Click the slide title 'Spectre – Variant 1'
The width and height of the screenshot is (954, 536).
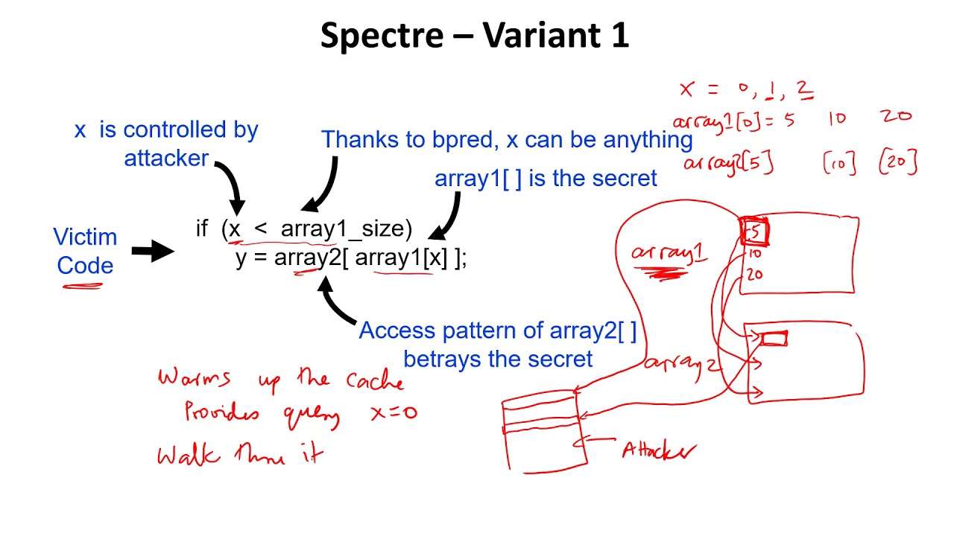[475, 36]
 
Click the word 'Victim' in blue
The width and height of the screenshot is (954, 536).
[85, 237]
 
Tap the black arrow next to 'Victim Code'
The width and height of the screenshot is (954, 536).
[152, 252]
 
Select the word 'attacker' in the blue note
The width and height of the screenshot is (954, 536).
[166, 159]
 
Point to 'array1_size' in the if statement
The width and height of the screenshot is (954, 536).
[346, 229]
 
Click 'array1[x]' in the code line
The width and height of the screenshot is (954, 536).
[402, 258]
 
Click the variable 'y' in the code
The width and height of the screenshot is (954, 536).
[241, 258]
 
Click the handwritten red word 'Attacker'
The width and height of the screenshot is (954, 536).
[659, 450]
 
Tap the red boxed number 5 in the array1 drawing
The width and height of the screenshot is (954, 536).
[754, 232]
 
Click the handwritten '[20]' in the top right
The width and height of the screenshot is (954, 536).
[897, 162]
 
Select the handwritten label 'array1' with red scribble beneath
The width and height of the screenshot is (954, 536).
[669, 254]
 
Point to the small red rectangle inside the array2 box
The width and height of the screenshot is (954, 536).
[774, 339]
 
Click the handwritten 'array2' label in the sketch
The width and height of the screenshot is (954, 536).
[683, 364]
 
